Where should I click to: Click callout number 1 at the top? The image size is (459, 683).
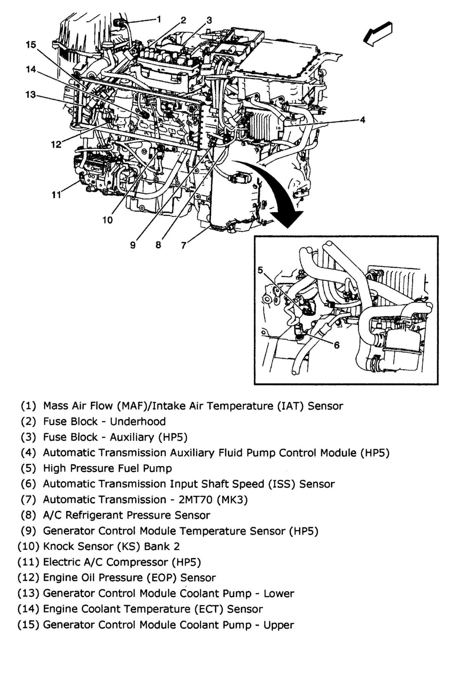(x=159, y=19)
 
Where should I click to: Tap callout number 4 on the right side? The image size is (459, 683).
(x=363, y=120)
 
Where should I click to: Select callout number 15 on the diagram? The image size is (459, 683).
(x=31, y=44)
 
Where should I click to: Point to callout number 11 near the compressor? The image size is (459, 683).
(x=56, y=195)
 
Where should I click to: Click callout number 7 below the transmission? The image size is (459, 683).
(x=184, y=245)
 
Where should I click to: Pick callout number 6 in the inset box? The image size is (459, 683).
(x=337, y=345)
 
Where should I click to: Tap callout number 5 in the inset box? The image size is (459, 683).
(x=260, y=270)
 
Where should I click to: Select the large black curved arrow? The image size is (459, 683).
(x=275, y=191)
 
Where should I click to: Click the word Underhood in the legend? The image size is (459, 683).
(x=138, y=422)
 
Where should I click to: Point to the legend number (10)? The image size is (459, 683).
(x=28, y=546)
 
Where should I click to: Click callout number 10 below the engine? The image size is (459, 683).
(x=107, y=220)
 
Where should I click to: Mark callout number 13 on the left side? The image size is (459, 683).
(x=31, y=94)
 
